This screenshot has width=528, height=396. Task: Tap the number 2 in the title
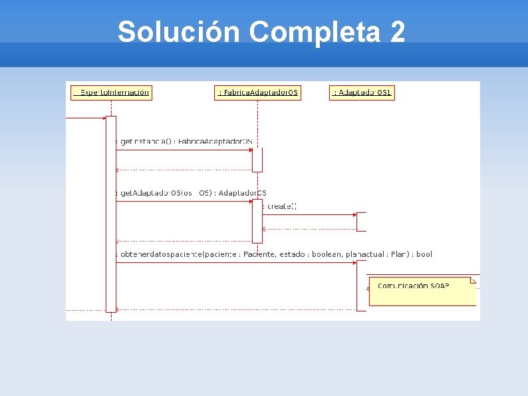398,31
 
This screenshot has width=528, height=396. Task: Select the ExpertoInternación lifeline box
111,93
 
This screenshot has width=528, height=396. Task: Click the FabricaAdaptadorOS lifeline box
258,93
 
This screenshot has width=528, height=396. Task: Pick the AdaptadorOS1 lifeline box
362,93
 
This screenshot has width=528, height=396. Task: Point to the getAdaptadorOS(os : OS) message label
192,193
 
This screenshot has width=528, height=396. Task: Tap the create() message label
280,206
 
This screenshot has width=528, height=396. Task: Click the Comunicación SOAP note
422,290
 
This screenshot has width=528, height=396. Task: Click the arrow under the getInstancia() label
183,150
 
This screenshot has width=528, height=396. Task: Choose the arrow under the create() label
309,214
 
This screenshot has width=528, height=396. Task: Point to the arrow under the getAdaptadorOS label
183,202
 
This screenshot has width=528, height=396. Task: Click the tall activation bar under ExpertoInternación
111,213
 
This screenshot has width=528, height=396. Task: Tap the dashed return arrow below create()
309,228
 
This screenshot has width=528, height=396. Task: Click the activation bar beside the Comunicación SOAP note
361,285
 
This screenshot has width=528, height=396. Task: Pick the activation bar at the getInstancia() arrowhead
257,160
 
